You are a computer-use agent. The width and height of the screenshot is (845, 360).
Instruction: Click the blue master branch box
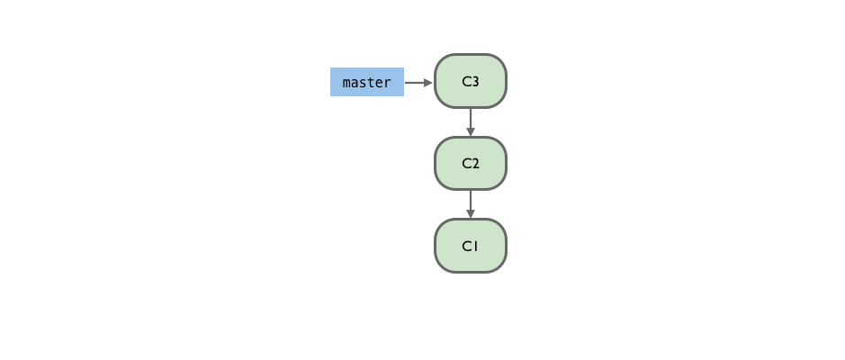point(367,82)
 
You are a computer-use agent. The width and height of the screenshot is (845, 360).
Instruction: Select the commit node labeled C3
point(471,81)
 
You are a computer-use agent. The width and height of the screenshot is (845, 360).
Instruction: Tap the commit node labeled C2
point(471,163)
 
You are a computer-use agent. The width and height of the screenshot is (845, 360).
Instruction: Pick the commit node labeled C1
point(471,246)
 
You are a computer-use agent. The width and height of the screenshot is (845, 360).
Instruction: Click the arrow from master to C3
point(418,83)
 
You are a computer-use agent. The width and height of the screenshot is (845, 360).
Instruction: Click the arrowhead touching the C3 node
point(428,83)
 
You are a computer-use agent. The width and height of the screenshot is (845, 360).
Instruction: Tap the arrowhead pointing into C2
point(471,132)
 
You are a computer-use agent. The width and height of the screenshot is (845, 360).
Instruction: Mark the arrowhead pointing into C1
point(471,214)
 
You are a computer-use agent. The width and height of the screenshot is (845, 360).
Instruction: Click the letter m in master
point(346,84)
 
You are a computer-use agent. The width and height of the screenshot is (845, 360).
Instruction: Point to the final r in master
point(388,84)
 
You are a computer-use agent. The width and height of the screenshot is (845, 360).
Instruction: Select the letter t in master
point(371,83)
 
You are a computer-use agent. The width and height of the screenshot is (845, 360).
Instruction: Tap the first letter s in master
point(363,84)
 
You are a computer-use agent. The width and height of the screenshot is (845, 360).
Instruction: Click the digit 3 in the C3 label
point(475,81)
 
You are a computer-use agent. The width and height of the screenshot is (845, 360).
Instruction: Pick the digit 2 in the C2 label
point(475,163)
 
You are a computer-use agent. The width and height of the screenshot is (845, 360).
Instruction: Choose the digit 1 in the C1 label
point(475,246)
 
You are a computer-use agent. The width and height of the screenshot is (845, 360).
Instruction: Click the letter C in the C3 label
point(467,81)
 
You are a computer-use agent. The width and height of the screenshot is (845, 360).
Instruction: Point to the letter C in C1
point(467,246)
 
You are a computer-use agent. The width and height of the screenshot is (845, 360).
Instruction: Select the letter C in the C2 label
point(467,163)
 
